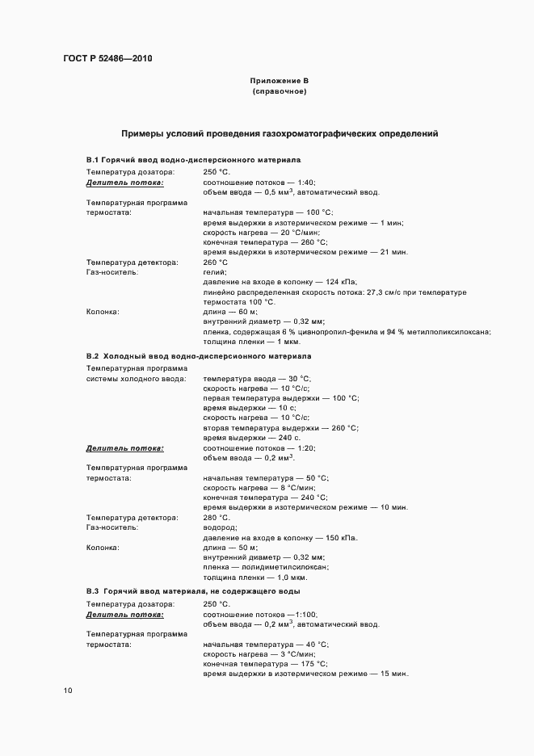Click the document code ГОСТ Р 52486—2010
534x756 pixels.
(107, 59)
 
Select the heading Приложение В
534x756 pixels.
(279, 82)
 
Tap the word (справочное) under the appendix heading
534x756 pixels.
(279, 91)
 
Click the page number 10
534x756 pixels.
(68, 691)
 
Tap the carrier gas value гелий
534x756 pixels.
(214, 272)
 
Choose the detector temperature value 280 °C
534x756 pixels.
(217, 517)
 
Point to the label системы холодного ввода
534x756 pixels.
(137, 378)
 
